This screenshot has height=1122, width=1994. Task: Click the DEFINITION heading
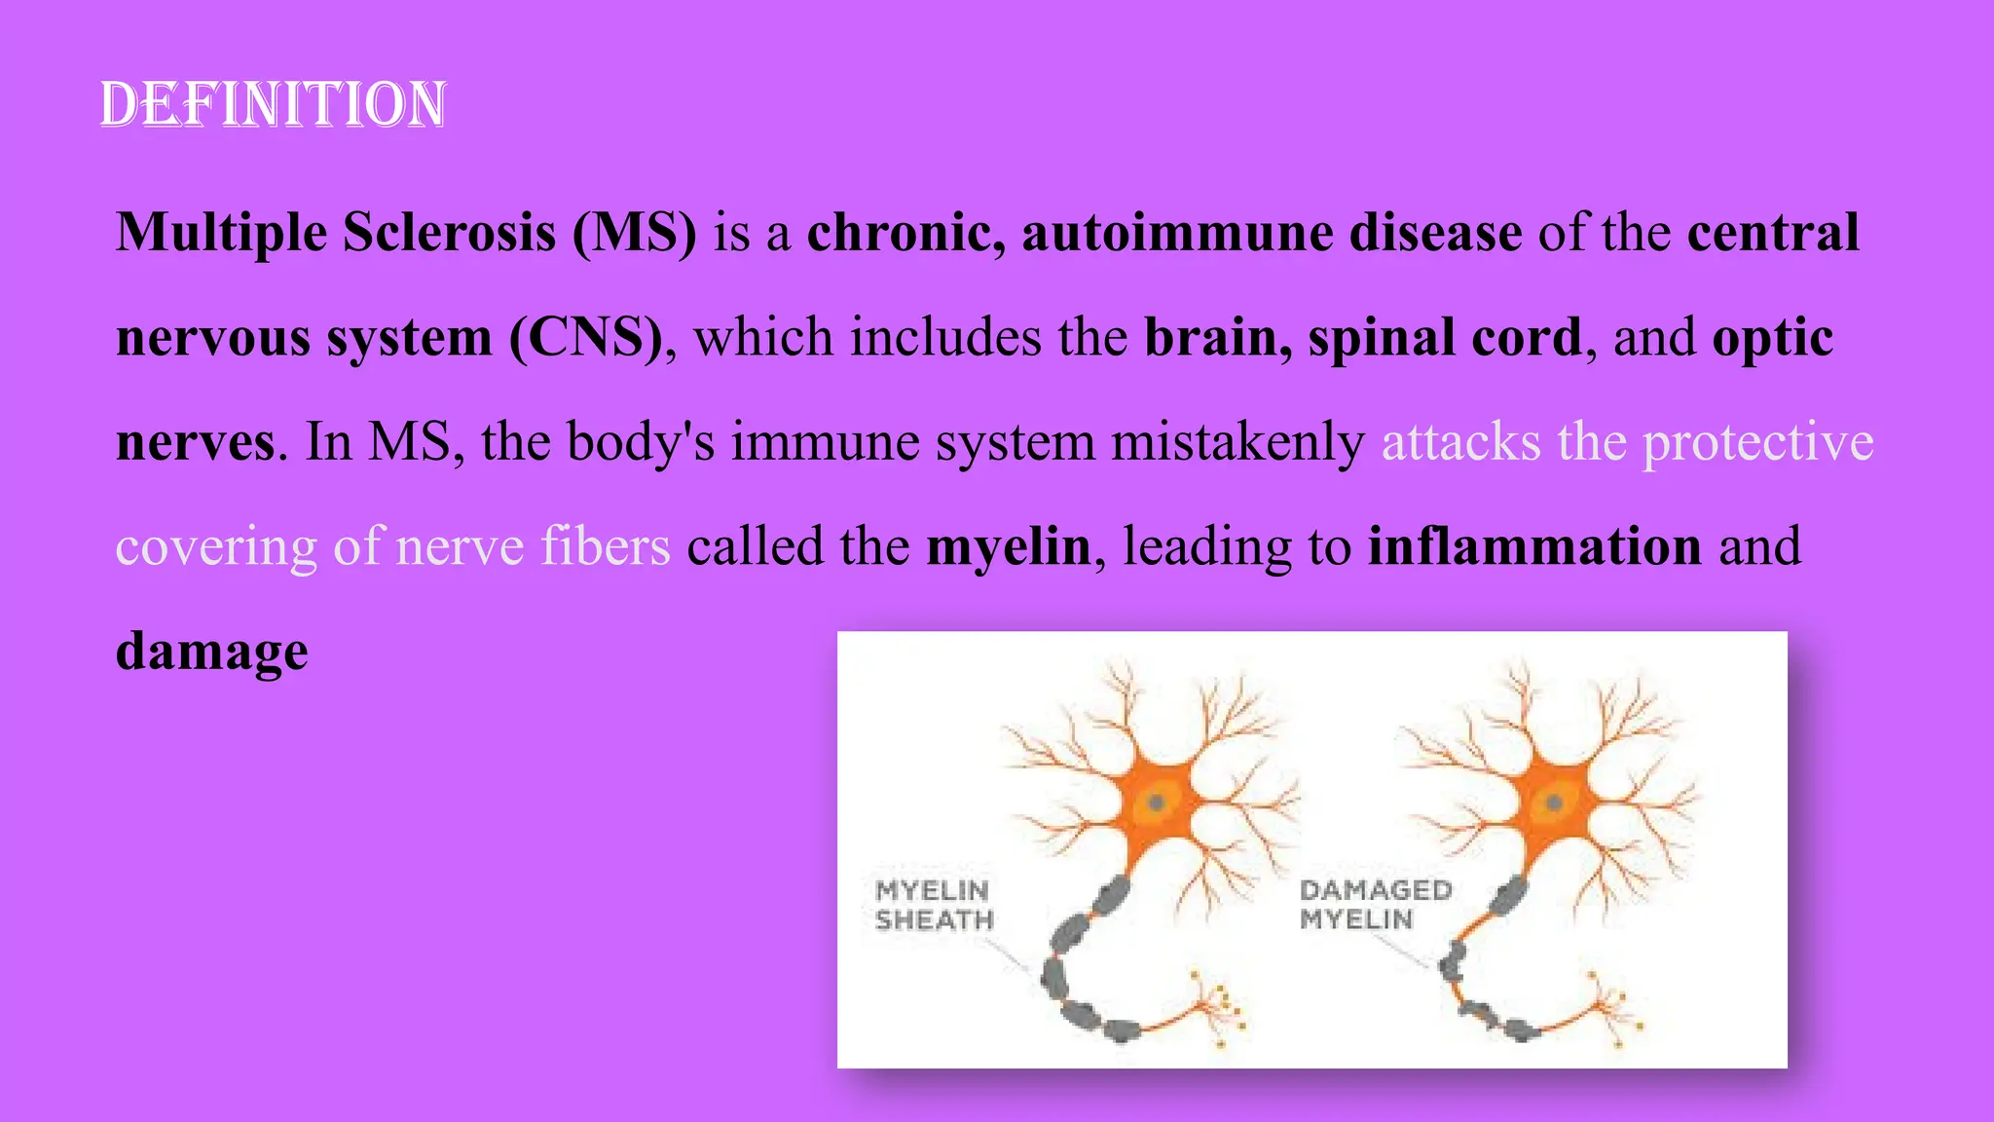click(x=274, y=105)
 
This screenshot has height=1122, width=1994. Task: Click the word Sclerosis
click(x=449, y=233)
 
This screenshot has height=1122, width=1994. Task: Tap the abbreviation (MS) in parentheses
click(x=634, y=233)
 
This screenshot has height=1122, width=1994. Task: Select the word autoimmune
click(x=1176, y=233)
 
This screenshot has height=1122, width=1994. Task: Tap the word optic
click(x=1772, y=338)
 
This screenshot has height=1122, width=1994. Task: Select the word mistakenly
click(x=1237, y=442)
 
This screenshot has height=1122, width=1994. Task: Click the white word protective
click(x=1757, y=442)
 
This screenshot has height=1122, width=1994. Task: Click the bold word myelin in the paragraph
click(x=1008, y=546)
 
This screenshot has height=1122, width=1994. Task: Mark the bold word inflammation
click(x=1534, y=546)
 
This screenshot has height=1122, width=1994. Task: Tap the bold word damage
click(x=212, y=652)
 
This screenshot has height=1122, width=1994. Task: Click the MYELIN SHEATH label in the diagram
click(x=933, y=905)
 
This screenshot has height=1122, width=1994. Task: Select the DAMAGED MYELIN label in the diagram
click(x=1374, y=904)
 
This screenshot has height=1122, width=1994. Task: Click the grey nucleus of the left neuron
click(x=1157, y=804)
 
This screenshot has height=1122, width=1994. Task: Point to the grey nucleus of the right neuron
click(x=1554, y=803)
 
